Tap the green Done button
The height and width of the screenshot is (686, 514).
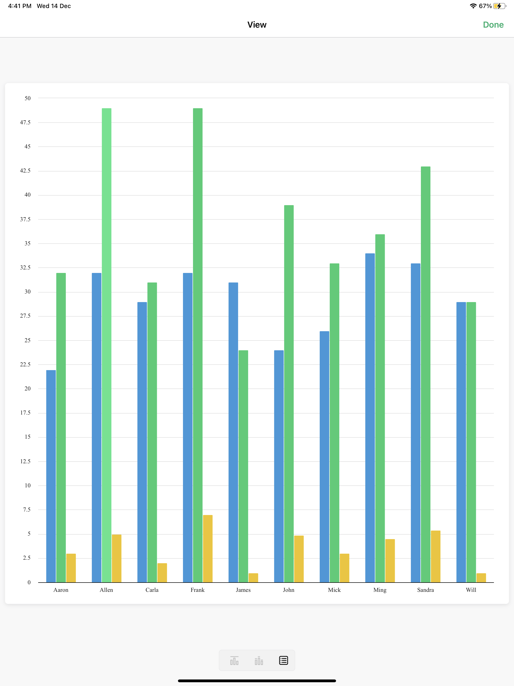pyautogui.click(x=493, y=25)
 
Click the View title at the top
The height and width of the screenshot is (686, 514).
pyautogui.click(x=257, y=25)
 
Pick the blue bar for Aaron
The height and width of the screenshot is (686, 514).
pyautogui.click(x=51, y=476)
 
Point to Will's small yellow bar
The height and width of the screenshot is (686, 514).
pyautogui.click(x=481, y=578)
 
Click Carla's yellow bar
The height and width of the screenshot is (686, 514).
pyautogui.click(x=162, y=573)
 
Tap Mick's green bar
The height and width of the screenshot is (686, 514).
pyautogui.click(x=334, y=423)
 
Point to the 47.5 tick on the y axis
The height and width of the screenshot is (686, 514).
pyautogui.click(x=25, y=123)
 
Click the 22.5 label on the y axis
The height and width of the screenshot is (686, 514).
pyautogui.click(x=25, y=364)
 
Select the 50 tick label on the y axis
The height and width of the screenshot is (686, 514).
pyautogui.click(x=28, y=98)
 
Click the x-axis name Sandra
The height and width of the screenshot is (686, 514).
pyautogui.click(x=425, y=590)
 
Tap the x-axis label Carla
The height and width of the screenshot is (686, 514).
pyautogui.click(x=152, y=590)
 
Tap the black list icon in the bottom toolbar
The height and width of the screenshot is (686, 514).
pyautogui.click(x=283, y=660)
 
